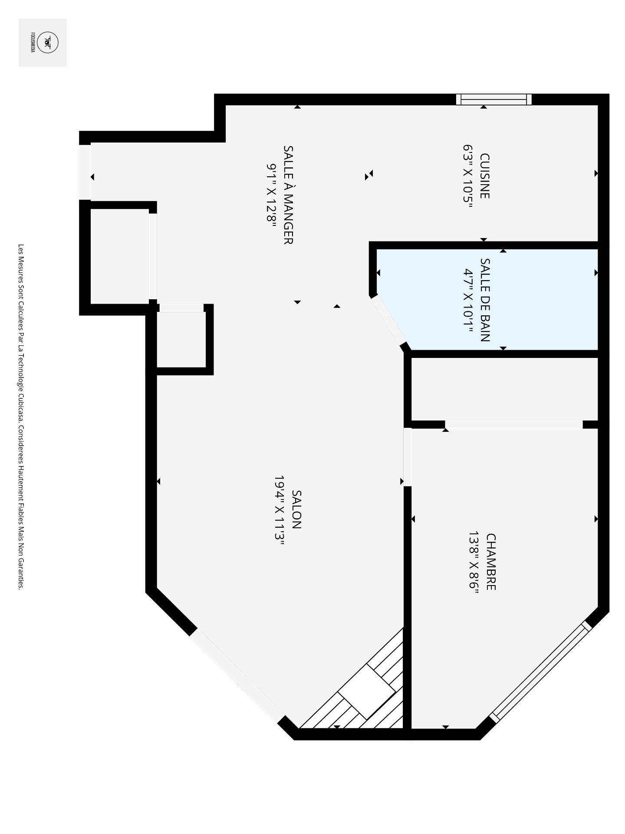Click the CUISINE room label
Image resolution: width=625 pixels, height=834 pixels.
[485, 176]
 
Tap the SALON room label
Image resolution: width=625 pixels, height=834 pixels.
[296, 509]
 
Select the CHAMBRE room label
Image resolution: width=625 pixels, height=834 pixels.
[490, 562]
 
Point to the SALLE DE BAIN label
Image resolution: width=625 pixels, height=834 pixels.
[485, 300]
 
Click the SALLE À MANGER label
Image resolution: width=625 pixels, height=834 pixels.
[288, 195]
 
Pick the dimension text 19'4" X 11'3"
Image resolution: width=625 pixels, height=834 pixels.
[279, 509]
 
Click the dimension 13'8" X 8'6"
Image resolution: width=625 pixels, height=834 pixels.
[473, 562]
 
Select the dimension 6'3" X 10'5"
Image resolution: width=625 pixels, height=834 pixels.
[467, 176]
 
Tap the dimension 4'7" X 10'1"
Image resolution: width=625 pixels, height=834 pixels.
[468, 300]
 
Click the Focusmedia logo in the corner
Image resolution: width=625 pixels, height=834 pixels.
[43, 43]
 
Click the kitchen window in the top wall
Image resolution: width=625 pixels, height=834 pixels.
[494, 99]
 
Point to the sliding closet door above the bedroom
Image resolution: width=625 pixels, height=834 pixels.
[513, 424]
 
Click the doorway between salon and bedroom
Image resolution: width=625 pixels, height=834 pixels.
[407, 457]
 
